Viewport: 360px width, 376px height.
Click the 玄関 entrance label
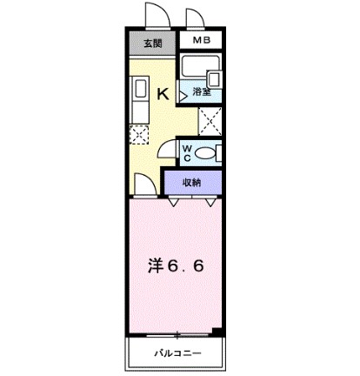[153, 44]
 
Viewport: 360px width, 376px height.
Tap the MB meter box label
[202, 40]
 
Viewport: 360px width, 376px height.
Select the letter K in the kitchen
[163, 94]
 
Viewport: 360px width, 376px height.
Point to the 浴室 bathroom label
[202, 92]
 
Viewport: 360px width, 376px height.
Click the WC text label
[187, 153]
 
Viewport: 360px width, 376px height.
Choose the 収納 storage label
[191, 183]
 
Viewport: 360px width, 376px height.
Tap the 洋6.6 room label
[176, 266]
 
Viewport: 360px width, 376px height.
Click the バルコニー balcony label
[177, 353]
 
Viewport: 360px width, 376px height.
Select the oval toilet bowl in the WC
[204, 153]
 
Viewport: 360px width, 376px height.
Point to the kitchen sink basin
[140, 88]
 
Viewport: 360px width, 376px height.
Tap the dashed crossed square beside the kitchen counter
[139, 135]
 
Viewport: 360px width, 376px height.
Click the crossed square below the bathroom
[210, 121]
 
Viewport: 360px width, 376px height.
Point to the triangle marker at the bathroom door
[183, 96]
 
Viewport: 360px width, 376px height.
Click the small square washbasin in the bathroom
[214, 79]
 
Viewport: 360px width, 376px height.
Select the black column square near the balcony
[217, 332]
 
